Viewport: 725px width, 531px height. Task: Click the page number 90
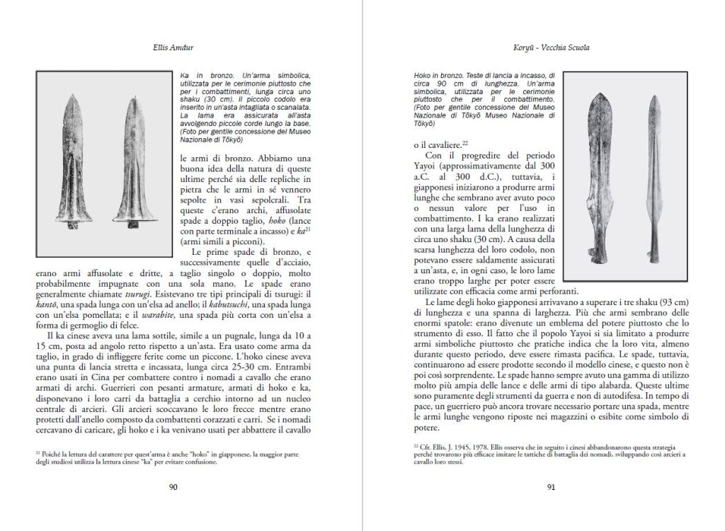[173, 486]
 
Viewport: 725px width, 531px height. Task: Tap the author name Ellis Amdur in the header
[173, 48]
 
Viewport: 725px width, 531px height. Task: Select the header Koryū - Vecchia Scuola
[551, 48]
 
